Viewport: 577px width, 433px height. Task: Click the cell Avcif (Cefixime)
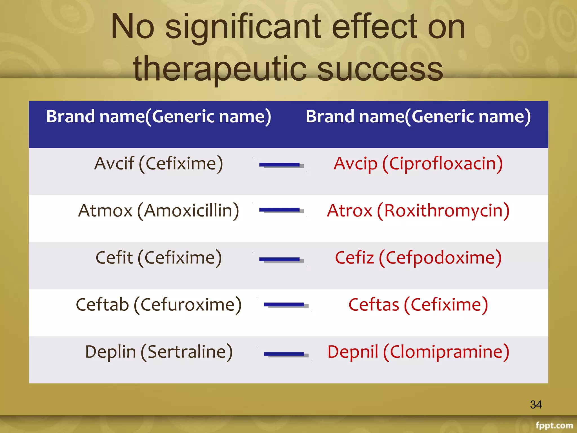[x=159, y=164]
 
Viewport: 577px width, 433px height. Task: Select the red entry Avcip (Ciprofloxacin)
[x=418, y=164]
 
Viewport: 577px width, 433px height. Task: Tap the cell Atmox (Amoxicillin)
[x=159, y=211]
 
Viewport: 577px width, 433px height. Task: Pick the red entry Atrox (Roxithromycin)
[x=418, y=211]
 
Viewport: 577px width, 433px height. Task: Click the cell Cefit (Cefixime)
[x=159, y=258]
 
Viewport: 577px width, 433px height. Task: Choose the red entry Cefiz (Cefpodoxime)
[x=418, y=258]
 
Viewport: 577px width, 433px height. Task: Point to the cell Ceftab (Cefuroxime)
[x=159, y=305]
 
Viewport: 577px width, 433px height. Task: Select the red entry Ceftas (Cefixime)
[x=418, y=305]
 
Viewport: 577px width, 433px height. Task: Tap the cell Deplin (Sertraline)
[x=159, y=352]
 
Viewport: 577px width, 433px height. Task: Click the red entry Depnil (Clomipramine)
[x=418, y=352]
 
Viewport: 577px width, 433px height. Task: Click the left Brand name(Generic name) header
[x=159, y=116]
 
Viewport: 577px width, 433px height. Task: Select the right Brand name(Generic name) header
[x=418, y=116]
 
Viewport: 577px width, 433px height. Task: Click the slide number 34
[x=536, y=405]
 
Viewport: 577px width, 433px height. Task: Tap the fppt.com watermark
[x=554, y=425]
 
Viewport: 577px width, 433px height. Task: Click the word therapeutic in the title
[x=220, y=69]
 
